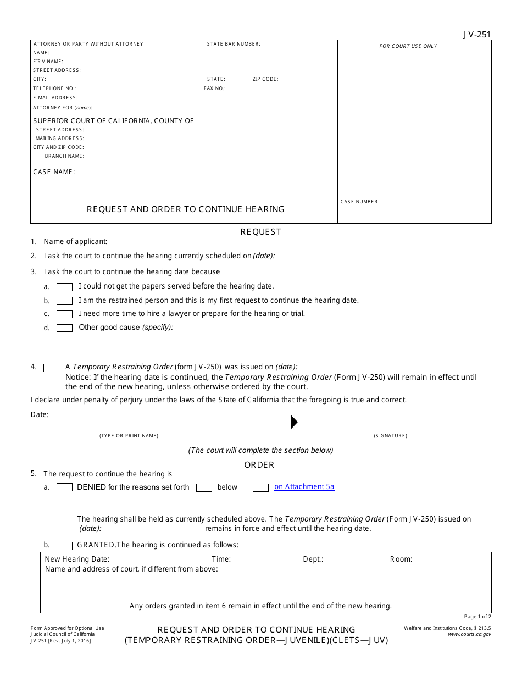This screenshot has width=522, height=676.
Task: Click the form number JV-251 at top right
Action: tap(476, 34)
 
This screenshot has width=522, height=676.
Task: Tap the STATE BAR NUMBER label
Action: tap(234, 44)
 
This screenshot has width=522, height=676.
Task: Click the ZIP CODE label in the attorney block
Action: tap(265, 79)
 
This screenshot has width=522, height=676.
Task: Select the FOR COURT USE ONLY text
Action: tap(408, 46)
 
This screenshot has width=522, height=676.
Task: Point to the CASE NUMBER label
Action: tap(360, 202)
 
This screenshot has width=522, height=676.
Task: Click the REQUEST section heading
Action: tap(260, 232)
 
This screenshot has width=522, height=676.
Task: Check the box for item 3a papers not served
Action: tap(65, 287)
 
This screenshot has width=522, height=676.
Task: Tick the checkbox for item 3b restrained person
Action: tap(65, 301)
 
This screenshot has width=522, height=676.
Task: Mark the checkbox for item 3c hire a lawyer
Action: tap(65, 314)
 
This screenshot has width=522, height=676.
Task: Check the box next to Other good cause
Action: tap(65, 328)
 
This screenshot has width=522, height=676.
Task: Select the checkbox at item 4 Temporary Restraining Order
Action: tap(52, 368)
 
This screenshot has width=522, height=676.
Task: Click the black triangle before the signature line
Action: tap(294, 422)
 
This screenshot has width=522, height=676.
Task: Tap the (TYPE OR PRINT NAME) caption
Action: tap(129, 436)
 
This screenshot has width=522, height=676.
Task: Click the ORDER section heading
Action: tap(259, 465)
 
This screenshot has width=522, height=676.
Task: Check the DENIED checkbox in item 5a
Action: tap(65, 487)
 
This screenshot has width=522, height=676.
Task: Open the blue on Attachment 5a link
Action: tap(304, 487)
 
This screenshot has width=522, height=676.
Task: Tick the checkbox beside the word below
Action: tap(204, 487)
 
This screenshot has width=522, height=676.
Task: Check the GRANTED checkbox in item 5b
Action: tap(65, 546)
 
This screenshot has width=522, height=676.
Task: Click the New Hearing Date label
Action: tap(77, 559)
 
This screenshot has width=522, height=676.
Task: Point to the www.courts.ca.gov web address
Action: tap(469, 634)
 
